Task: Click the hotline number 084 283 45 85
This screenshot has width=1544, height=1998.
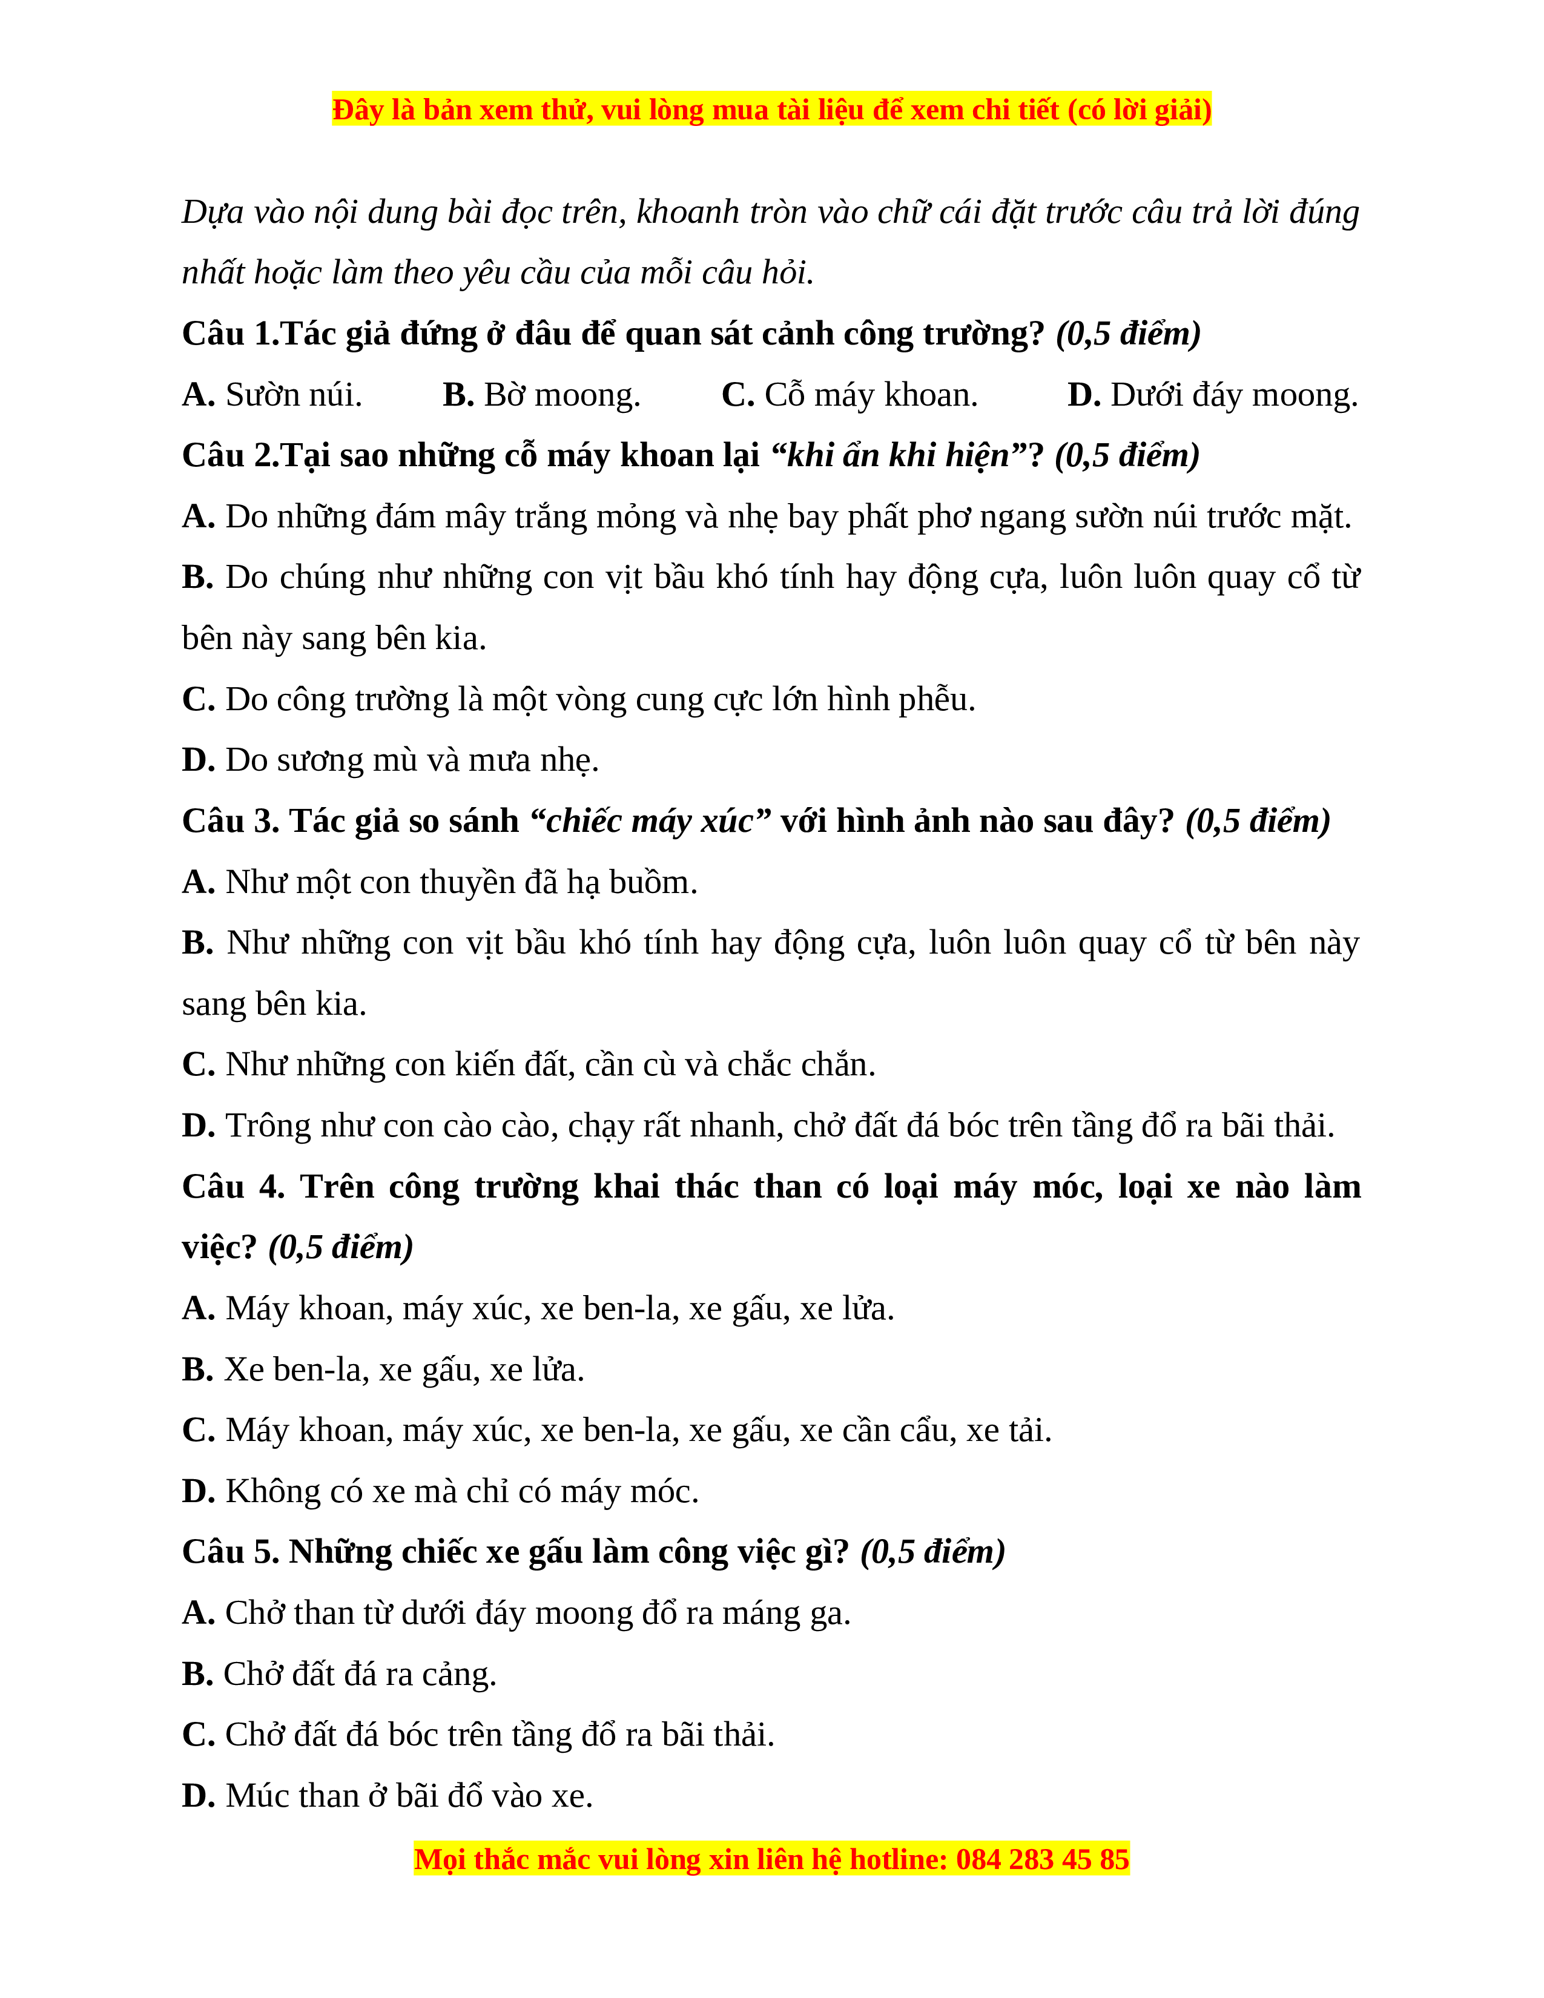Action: [x=1042, y=1860]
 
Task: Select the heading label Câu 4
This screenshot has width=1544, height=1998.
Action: [x=233, y=1187]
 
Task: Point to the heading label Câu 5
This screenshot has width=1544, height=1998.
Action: [x=231, y=1552]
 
